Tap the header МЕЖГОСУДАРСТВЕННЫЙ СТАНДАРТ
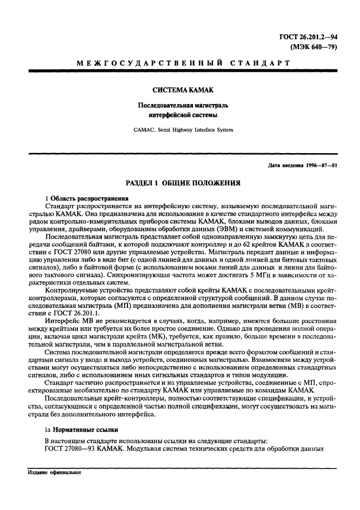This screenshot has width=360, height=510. (182, 64)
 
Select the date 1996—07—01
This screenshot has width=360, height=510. (318, 166)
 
